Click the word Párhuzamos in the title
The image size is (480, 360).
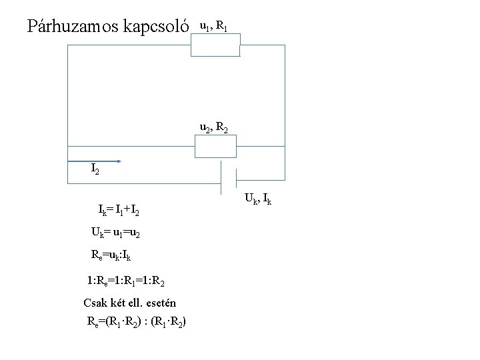tap(70, 26)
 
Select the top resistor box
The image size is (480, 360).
tap(215, 45)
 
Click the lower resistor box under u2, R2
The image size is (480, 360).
tap(215, 146)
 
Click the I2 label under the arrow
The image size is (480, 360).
tap(96, 170)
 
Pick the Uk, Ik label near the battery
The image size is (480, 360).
tap(258, 198)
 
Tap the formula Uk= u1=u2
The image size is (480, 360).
tap(115, 233)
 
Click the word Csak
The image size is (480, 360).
tap(95, 303)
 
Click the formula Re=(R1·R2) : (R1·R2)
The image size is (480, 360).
tap(137, 323)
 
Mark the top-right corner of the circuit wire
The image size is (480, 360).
tap(285, 45)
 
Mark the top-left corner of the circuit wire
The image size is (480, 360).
tap(67, 45)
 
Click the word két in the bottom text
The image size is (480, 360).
tap(120, 303)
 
